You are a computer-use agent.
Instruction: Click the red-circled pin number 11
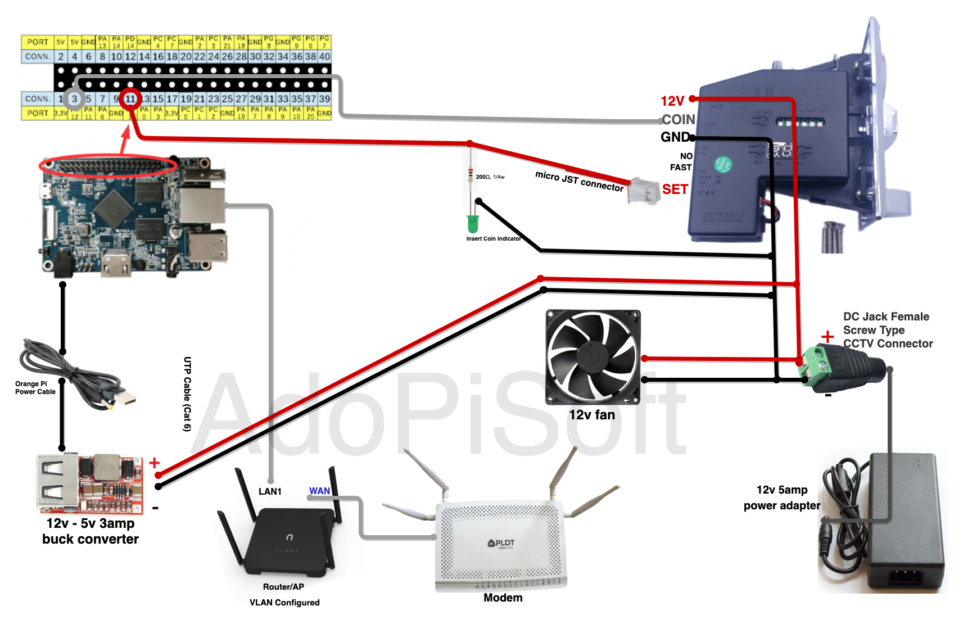coord(130,99)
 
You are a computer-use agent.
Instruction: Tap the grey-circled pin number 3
coord(74,99)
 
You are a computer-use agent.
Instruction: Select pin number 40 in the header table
coord(325,56)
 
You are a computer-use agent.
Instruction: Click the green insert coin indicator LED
coord(473,224)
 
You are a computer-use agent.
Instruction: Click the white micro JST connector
coord(644,191)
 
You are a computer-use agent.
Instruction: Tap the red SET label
coord(675,189)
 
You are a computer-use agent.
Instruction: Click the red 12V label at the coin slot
coord(672,101)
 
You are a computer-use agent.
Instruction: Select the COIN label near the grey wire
coord(679,119)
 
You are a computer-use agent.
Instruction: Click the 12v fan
coord(593,357)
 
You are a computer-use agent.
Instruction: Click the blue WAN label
coord(319,491)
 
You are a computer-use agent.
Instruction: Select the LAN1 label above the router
coord(270,491)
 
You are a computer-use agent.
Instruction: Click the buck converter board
coord(90,483)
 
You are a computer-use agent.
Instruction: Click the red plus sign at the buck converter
coord(155,463)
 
